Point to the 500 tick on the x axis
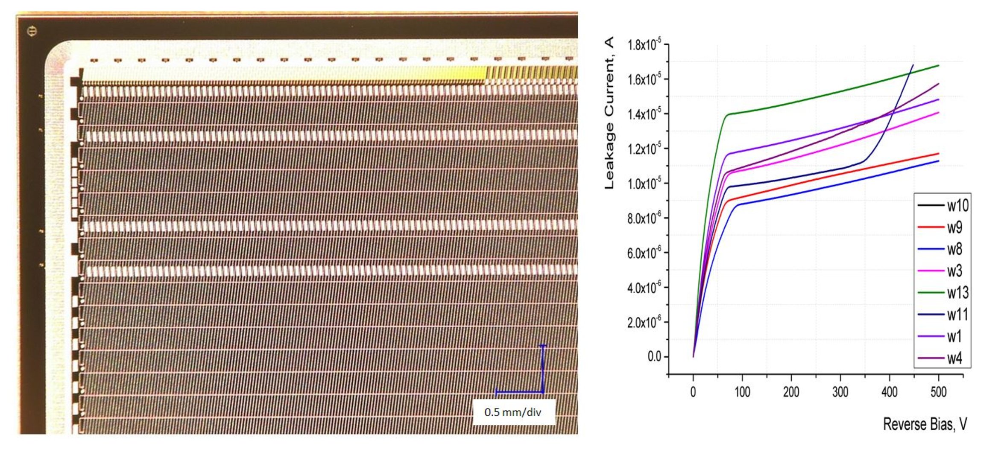click(938, 391)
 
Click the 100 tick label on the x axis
click(742, 391)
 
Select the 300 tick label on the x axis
click(840, 391)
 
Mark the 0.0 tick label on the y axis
click(654, 356)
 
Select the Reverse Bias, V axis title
click(925, 424)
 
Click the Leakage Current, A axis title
click(609, 113)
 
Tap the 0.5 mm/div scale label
click(512, 412)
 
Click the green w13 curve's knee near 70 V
click(727, 114)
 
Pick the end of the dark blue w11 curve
click(913, 65)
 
